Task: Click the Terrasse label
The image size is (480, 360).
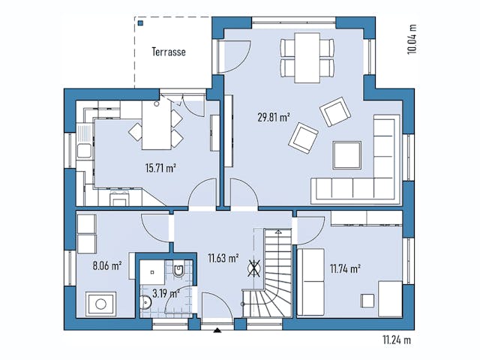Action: [168, 52]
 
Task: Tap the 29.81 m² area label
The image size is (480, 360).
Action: [274, 116]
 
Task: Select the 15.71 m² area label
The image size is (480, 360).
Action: [160, 168]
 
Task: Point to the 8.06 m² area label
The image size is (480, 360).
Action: [106, 264]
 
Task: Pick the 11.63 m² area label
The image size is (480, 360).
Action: [223, 259]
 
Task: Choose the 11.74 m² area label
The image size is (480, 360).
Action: [345, 266]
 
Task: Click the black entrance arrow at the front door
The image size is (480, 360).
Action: [217, 328]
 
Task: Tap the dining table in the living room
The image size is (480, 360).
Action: [306, 57]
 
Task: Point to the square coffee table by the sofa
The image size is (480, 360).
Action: [347, 155]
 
